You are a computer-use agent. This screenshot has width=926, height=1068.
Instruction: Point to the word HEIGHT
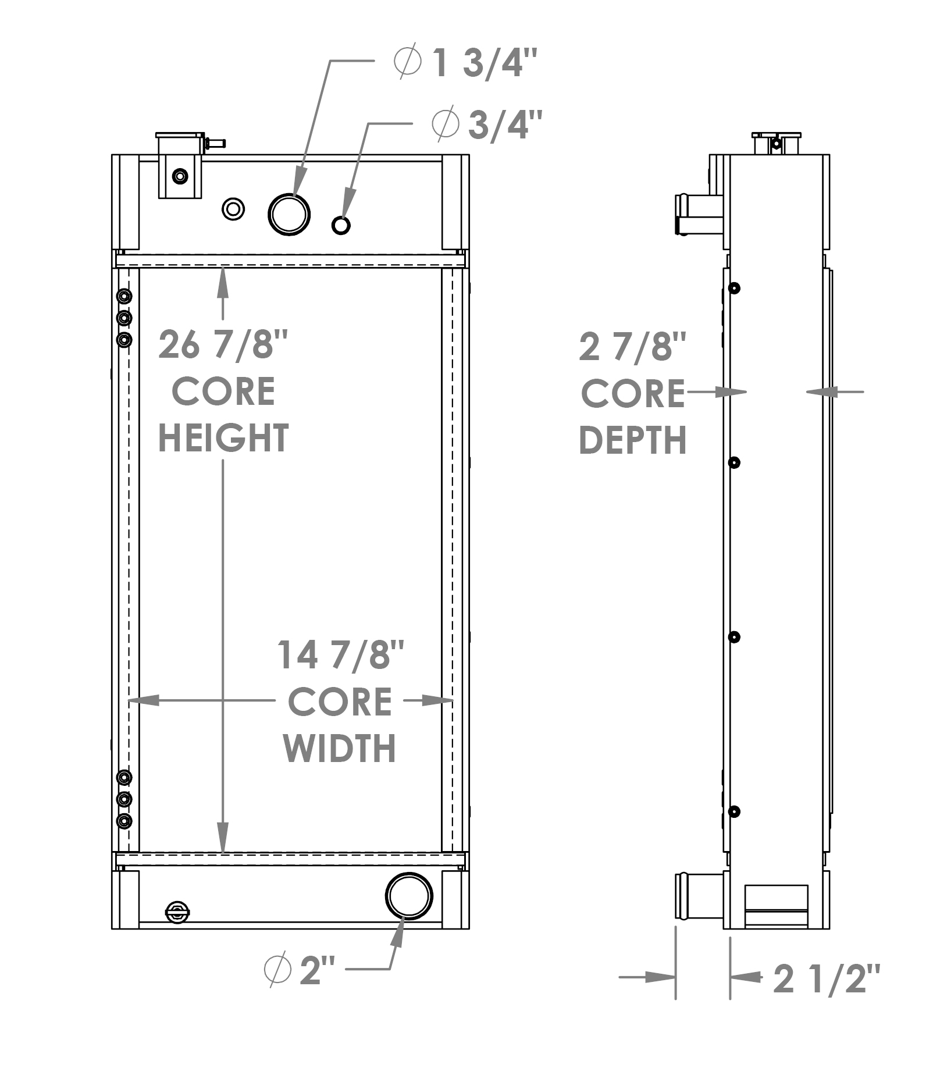click(223, 438)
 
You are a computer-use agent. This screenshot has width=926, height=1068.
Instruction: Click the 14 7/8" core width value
click(340, 655)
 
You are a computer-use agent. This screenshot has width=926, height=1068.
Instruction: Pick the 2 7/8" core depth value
click(633, 347)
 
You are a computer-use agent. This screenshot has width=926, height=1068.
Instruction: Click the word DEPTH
click(633, 440)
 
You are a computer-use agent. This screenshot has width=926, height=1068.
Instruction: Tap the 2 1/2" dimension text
click(827, 979)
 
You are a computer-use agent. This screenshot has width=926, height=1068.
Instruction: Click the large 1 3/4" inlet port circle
click(289, 213)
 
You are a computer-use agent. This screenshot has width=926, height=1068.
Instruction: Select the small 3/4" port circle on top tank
click(341, 225)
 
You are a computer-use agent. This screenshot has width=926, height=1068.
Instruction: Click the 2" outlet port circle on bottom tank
click(409, 896)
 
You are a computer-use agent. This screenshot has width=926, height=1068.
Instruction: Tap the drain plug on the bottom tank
click(177, 912)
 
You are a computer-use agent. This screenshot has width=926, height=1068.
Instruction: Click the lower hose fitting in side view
click(698, 896)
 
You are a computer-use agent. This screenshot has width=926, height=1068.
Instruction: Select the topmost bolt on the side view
click(735, 288)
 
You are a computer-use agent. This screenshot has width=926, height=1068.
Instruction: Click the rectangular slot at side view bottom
click(776, 906)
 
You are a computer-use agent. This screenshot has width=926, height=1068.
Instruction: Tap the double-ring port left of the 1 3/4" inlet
click(233, 208)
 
